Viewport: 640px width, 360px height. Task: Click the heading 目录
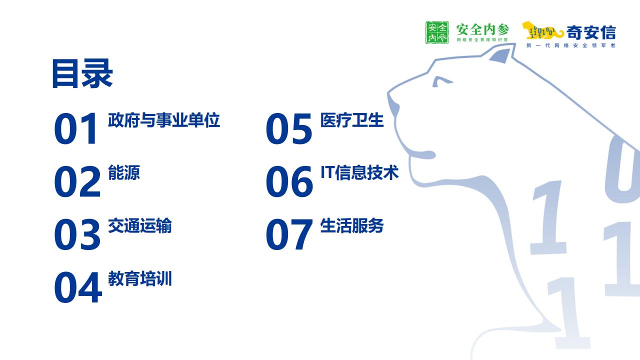[x=82, y=73]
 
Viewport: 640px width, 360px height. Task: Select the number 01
[x=75, y=128]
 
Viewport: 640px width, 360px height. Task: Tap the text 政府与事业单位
[x=164, y=120]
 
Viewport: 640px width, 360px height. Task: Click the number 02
[x=77, y=181]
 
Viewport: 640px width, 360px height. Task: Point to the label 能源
[x=124, y=172]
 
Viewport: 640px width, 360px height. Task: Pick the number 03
[x=77, y=234]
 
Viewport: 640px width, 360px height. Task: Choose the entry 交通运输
[x=140, y=225]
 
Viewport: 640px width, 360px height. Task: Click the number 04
[x=77, y=287]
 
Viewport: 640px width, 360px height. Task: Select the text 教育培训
[x=140, y=278]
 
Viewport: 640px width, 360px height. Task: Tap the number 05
[x=289, y=128]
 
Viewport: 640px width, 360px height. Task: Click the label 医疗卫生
[x=352, y=120]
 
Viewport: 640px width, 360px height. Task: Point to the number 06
[x=289, y=181]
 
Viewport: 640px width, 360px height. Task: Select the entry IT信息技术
[x=359, y=172]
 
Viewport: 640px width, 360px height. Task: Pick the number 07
[x=289, y=234]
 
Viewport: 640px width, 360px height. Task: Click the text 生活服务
[x=352, y=225]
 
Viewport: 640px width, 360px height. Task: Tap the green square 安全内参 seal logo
[x=437, y=32]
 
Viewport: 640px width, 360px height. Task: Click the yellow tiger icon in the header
[x=542, y=30]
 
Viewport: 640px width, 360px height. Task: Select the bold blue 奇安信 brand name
[x=591, y=32]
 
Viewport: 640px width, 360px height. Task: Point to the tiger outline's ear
[x=500, y=55]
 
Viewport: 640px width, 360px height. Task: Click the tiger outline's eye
[x=441, y=81]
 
